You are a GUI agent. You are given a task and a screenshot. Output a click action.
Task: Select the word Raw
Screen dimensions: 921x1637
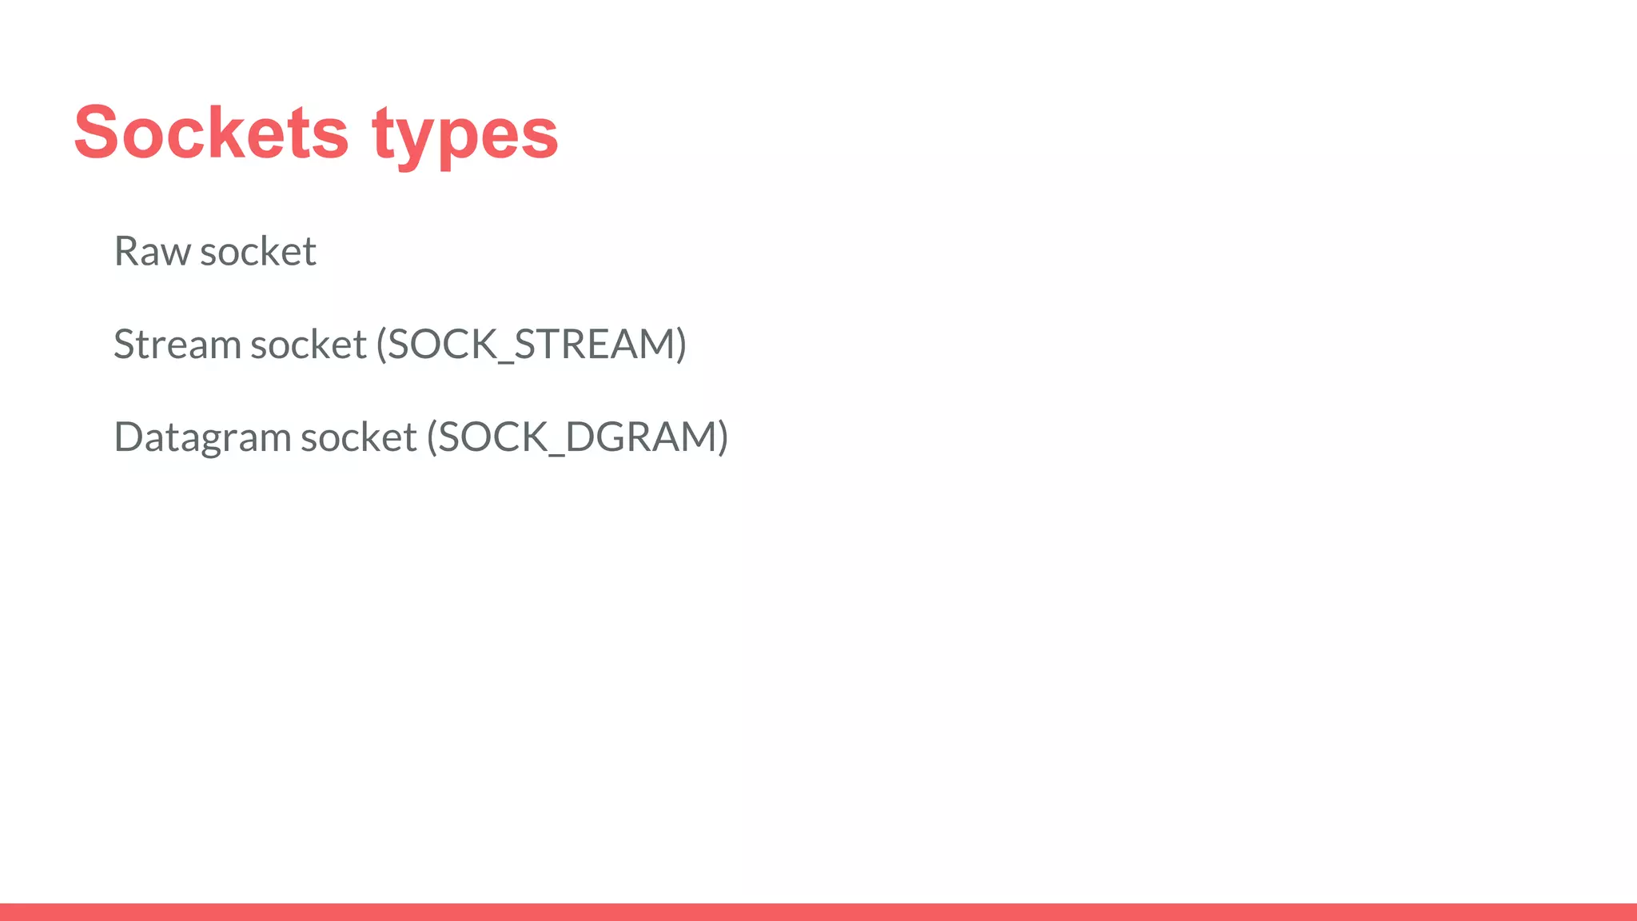coord(152,251)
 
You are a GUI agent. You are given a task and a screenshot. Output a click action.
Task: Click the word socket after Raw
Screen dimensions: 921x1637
coord(258,251)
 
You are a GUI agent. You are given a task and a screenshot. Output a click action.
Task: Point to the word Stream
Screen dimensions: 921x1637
coord(177,345)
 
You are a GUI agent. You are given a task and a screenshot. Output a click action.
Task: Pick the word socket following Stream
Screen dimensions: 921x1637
coord(309,345)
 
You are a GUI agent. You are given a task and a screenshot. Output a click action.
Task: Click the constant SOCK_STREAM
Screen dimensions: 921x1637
coord(532,345)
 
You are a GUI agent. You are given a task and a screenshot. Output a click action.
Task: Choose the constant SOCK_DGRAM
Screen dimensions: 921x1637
coord(577,437)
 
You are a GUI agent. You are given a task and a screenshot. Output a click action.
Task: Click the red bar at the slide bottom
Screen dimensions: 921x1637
coord(818,911)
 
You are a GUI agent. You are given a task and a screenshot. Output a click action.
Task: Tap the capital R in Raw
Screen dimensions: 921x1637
coord(126,251)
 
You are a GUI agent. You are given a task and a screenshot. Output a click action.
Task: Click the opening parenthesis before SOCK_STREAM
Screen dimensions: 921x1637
coord(381,345)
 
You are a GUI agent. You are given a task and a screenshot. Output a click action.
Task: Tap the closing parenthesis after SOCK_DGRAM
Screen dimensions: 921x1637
coord(723,437)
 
